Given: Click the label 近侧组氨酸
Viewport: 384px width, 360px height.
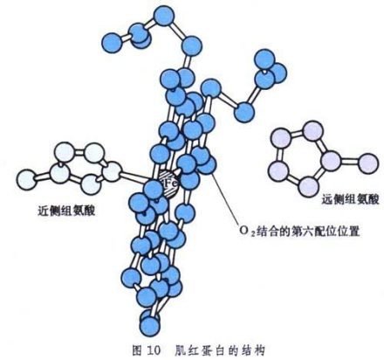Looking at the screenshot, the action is coord(66,211).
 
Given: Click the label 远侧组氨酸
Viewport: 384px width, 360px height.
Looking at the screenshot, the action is coord(350,199).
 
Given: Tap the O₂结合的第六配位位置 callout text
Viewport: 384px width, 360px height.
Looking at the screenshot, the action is coord(299,231).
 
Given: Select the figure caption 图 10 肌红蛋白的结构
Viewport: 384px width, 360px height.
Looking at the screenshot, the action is coord(199,350).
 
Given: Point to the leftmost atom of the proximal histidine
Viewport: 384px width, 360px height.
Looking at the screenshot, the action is coord(27,180).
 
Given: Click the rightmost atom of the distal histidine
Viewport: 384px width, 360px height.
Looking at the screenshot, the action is coord(368,164).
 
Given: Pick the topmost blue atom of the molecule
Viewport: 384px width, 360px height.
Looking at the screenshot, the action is coord(165,16).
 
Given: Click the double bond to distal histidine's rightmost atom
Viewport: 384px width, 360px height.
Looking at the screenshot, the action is coord(350,162).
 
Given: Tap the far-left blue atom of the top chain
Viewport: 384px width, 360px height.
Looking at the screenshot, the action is coord(112,43).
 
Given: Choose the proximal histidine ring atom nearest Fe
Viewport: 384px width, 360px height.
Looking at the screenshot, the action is coord(112,172).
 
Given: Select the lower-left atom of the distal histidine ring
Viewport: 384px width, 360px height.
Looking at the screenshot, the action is coord(278,170).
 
